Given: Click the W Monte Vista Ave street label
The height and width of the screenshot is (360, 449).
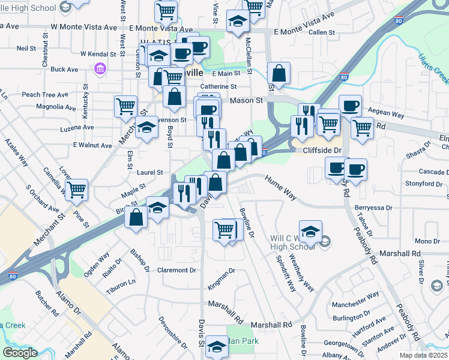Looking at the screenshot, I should [84, 27].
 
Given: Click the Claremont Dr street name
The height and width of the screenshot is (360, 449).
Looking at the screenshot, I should [176, 270].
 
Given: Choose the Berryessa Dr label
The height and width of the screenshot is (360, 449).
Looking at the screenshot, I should [373, 207].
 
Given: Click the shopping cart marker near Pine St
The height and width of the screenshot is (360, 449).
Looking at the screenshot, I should [76, 190].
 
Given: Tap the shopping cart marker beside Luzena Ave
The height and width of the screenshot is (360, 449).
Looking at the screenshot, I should [125, 106].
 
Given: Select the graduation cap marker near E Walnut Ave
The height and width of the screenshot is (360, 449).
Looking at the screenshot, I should [146, 127].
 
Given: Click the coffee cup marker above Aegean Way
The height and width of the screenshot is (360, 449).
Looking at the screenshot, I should [350, 106].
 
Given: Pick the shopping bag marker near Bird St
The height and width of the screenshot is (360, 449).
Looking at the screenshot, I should [136, 217].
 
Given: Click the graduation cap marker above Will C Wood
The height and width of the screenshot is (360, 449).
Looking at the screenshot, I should [310, 231].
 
